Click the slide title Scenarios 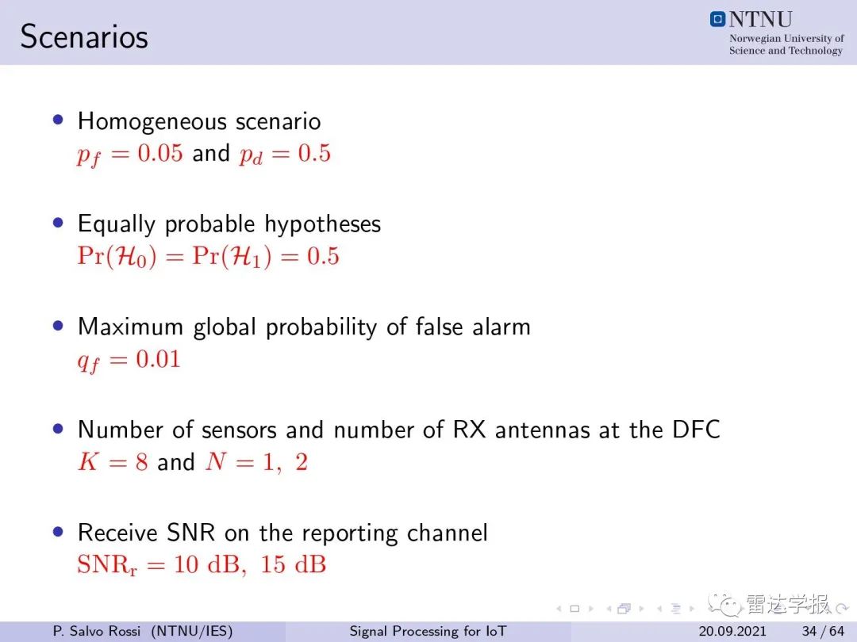pos(84,37)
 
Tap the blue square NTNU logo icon pos(717,19)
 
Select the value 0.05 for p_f pos(159,153)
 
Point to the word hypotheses pos(322,224)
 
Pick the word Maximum pos(130,327)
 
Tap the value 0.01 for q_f pos(158,359)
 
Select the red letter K pos(88,462)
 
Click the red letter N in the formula pos(216,462)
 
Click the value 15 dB pos(293,564)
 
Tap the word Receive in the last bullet pos(117,533)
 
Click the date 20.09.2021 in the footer pos(732,632)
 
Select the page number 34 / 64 pos(823,632)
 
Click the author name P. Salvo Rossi pos(97,632)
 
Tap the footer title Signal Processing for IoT pos(428,632)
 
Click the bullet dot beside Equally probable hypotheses pos(59,223)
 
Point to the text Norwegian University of pos(786,38)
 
